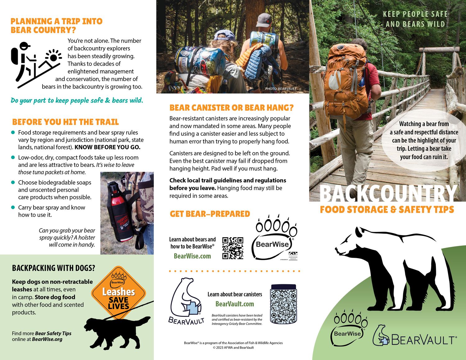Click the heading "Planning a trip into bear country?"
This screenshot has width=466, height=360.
(x=57, y=25)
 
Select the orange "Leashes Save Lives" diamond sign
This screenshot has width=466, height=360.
(x=118, y=292)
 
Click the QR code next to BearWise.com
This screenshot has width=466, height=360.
(x=233, y=248)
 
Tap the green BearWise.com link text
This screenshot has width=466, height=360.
(x=192, y=256)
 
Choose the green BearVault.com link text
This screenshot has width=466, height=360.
(x=235, y=304)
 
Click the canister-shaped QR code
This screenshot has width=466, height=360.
(x=283, y=304)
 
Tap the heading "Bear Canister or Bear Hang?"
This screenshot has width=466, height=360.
(x=231, y=108)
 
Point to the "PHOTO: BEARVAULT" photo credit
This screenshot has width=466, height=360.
(x=281, y=89)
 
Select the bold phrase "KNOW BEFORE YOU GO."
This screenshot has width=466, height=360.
(x=107, y=147)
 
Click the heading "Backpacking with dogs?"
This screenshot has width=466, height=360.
(x=53, y=268)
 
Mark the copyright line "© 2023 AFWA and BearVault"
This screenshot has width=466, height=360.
(x=233, y=348)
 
